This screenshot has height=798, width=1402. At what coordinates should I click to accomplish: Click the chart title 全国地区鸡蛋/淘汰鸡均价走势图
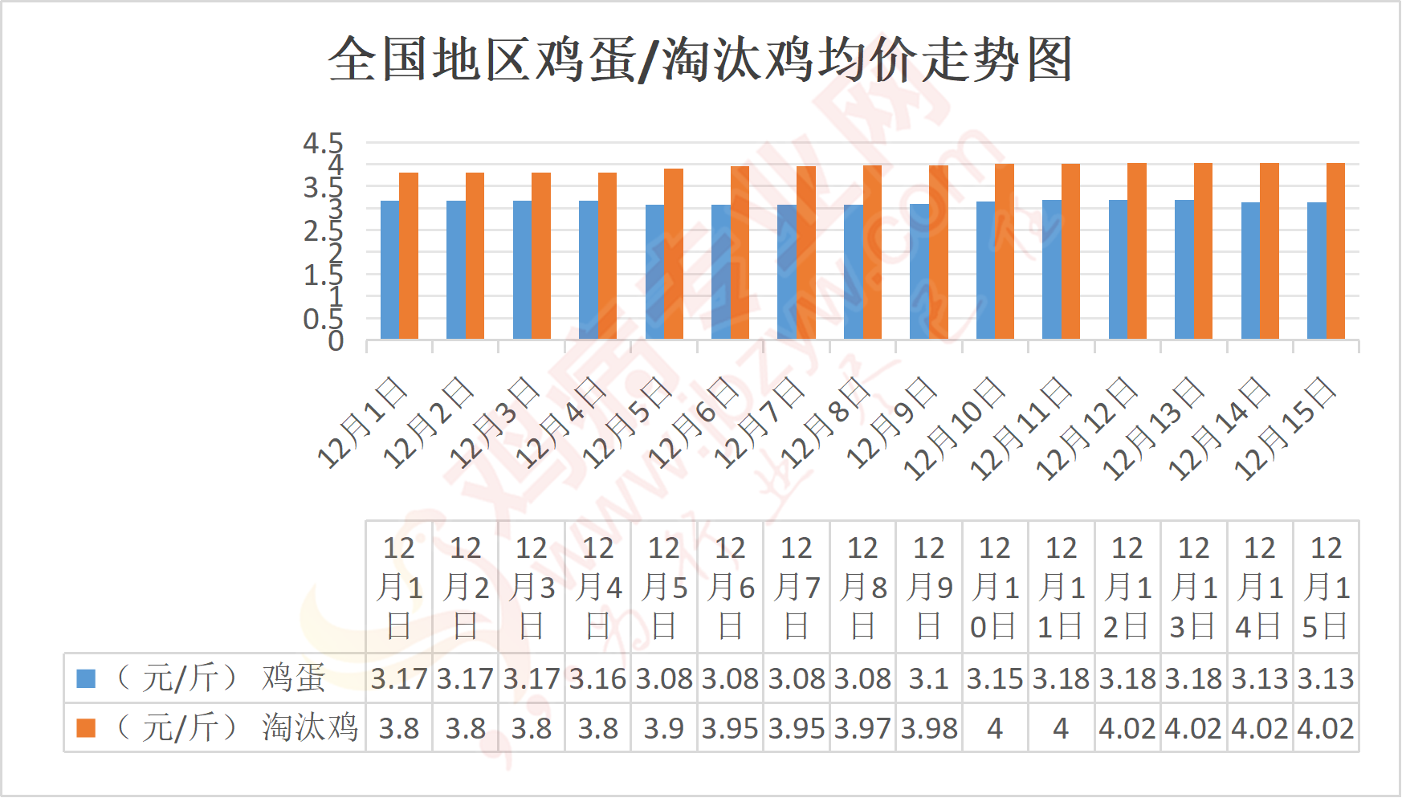click(700, 60)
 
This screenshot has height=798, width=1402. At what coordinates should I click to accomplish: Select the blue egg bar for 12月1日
click(389, 270)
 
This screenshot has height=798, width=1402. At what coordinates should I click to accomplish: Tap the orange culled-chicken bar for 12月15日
click(1335, 250)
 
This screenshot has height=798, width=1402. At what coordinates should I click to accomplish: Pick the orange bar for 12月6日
click(740, 252)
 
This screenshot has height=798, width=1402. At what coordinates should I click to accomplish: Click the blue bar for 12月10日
click(985, 270)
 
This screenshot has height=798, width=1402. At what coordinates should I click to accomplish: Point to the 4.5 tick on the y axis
click(323, 144)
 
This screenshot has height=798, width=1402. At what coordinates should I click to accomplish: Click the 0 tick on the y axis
click(336, 341)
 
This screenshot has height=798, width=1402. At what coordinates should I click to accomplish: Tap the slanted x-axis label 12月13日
click(1153, 429)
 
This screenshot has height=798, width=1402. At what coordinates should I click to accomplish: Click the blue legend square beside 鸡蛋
click(86, 678)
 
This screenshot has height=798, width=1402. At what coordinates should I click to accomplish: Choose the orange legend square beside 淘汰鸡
click(86, 728)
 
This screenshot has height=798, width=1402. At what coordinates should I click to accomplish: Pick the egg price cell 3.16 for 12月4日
click(597, 679)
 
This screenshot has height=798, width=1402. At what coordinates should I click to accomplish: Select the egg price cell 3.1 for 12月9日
click(929, 679)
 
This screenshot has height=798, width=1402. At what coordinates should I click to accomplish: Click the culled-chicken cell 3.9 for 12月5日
click(664, 729)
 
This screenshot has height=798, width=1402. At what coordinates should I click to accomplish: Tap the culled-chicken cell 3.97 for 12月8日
click(862, 729)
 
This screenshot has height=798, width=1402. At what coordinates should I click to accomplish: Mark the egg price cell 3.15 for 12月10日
click(995, 679)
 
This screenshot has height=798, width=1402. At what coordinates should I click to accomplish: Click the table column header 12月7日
click(797, 587)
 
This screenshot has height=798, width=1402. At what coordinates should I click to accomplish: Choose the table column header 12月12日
click(1127, 587)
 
